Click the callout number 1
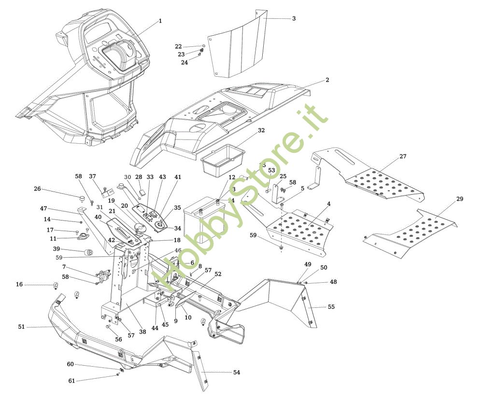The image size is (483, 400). click(x=160, y=21)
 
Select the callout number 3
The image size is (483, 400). click(x=294, y=18)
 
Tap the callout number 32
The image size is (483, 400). click(x=261, y=130)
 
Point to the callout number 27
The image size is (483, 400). click(x=403, y=157)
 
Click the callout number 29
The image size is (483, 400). click(x=459, y=199)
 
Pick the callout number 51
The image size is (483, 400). click(x=21, y=327)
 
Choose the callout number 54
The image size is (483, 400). click(x=236, y=372)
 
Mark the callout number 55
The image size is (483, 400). click(x=331, y=306)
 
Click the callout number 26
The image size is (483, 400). click(x=37, y=189)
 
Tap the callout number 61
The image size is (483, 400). click(x=71, y=381)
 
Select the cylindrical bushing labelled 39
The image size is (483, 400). click(x=88, y=252)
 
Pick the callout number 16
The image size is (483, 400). click(x=19, y=285)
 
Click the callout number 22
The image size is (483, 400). click(x=178, y=46)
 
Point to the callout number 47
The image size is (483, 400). click(x=43, y=208)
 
